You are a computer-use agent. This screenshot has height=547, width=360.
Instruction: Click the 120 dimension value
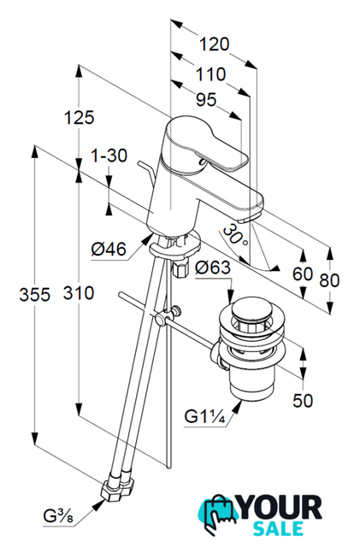pos(214,44)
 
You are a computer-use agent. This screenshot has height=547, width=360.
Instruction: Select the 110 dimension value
pos(210,74)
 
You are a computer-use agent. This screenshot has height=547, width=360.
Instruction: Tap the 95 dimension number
pos(206,100)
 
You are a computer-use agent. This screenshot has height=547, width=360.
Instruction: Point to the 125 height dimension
pos(79,117)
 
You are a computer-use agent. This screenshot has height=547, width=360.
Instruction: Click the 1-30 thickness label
pos(109,156)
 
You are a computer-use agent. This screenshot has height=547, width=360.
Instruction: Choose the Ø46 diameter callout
pos(109,249)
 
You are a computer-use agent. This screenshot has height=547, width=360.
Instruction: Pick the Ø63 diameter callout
pos(213,268)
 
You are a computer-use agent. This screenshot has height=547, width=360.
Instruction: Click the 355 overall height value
pos(34,294)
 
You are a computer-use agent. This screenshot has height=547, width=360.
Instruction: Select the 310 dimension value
pos(79,292)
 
